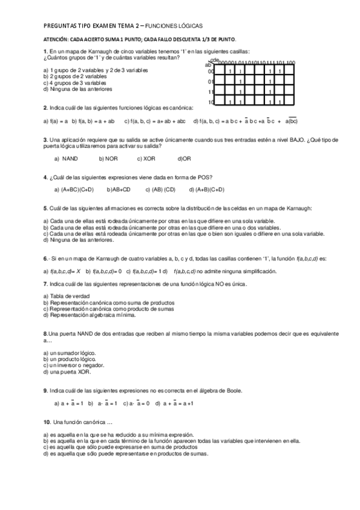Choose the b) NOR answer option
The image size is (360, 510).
point(108,159)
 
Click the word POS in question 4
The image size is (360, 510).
point(205,177)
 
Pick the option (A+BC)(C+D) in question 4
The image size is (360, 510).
point(77,189)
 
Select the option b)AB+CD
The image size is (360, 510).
point(119,189)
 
